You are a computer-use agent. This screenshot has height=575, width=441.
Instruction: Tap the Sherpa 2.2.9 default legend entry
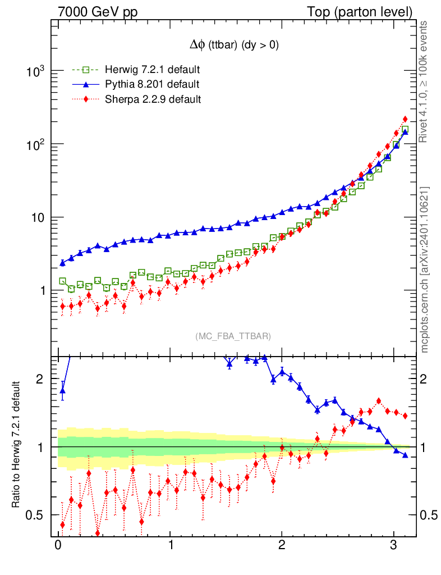[x=153, y=99]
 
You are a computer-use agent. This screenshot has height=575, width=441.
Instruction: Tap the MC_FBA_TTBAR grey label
[x=233, y=336]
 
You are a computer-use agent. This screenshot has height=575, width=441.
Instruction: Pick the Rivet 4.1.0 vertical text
[x=425, y=81]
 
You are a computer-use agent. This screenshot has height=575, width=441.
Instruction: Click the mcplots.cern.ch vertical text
[x=425, y=270]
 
